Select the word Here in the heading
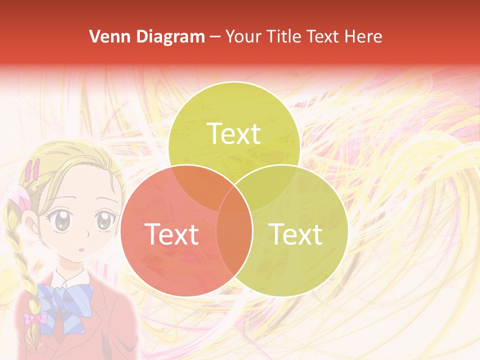click(x=363, y=36)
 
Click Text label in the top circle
click(x=234, y=133)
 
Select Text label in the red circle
click(x=171, y=234)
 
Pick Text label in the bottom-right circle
click(x=296, y=234)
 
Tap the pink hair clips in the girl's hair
click(x=34, y=170)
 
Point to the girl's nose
click(x=88, y=234)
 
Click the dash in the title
click(x=215, y=37)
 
